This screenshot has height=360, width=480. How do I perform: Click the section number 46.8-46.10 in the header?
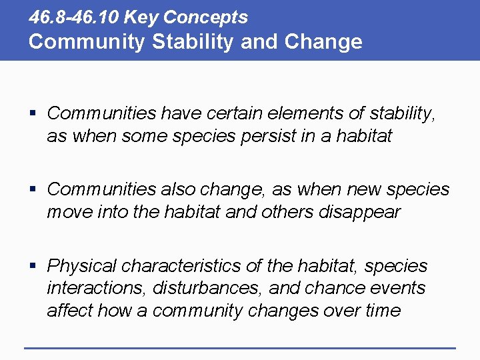pos(74,17)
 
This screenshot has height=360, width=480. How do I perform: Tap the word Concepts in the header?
pos(205,17)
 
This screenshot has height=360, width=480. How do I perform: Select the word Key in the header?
pos(142,17)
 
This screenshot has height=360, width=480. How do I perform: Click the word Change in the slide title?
pos(323,41)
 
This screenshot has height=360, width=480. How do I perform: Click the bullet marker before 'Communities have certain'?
pos(33,114)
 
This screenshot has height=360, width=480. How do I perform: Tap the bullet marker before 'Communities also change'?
pos(33,190)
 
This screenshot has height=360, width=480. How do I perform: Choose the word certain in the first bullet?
pos(212,113)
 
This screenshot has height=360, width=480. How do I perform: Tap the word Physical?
pos(81,266)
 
